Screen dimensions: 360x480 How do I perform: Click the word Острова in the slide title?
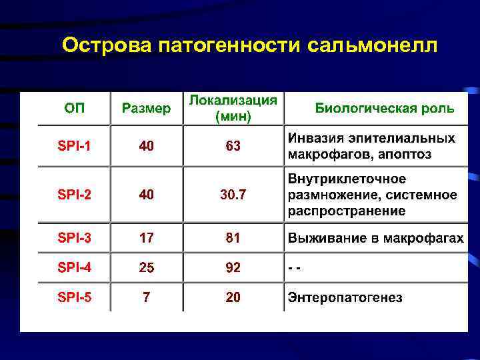107,46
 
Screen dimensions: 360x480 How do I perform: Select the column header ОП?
74,109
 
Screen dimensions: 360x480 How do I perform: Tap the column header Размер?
146,109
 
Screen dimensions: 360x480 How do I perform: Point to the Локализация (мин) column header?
233,109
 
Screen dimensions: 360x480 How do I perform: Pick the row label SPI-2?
74,195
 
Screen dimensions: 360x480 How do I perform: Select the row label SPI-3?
74,238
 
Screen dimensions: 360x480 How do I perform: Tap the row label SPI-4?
74,268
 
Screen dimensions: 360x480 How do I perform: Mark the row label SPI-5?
74,297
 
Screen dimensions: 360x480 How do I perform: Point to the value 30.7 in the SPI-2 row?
233,195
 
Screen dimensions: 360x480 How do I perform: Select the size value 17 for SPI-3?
146,238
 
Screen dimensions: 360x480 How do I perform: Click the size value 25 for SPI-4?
146,268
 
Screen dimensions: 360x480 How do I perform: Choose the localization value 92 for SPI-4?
233,268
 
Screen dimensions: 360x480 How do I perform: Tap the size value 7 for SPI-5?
146,297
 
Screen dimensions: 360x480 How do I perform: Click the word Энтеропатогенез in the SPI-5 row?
345,298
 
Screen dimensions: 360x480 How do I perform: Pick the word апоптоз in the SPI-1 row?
406,155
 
